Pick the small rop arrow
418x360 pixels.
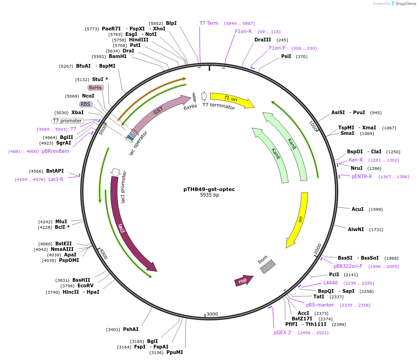(244, 280)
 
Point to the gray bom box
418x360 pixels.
(268, 267)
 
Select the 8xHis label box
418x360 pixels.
(95, 87)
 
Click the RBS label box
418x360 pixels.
(86, 104)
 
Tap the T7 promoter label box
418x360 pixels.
(67, 121)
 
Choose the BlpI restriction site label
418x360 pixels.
(171, 23)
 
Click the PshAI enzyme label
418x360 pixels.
(130, 329)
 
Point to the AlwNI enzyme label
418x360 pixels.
(356, 229)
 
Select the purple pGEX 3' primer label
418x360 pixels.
(283, 332)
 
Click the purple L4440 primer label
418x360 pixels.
(330, 283)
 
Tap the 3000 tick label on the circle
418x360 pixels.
(212, 314)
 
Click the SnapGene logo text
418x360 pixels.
(404, 4)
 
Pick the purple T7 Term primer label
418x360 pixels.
(209, 23)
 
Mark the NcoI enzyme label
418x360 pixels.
(88, 96)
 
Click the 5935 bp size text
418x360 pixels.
(209, 195)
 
